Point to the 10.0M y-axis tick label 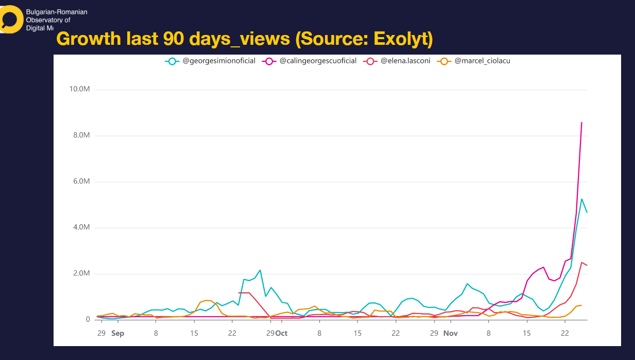[80, 90]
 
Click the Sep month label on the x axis [117, 333]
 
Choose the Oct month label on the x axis [281, 333]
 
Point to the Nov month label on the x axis [450, 333]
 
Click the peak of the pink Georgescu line [581, 123]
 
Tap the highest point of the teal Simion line [581, 199]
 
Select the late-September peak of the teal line [260, 270]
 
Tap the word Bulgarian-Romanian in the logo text [57, 12]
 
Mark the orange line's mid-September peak [207, 300]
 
